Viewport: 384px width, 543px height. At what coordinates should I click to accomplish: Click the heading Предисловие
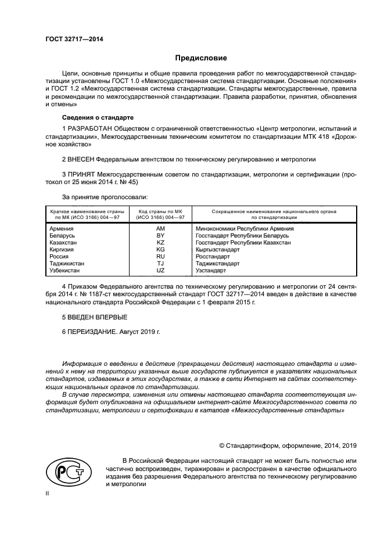[x=202, y=58]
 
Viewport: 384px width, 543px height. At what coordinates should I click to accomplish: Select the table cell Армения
[x=62, y=229]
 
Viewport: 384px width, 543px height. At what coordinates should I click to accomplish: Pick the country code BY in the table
[x=160, y=236]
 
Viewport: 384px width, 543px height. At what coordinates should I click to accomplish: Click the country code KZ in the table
[x=160, y=243]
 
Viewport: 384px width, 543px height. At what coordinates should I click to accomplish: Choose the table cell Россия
[x=59, y=257]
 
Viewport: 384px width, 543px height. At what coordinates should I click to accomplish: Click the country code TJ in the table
[x=160, y=264]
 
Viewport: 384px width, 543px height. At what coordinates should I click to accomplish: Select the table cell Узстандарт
[x=212, y=271]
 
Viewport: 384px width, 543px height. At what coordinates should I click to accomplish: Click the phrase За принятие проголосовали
[x=101, y=197]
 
